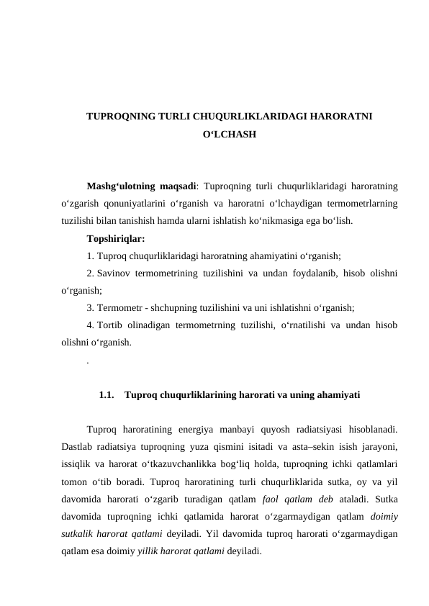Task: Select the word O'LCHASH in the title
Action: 228,135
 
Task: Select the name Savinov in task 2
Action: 113,273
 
